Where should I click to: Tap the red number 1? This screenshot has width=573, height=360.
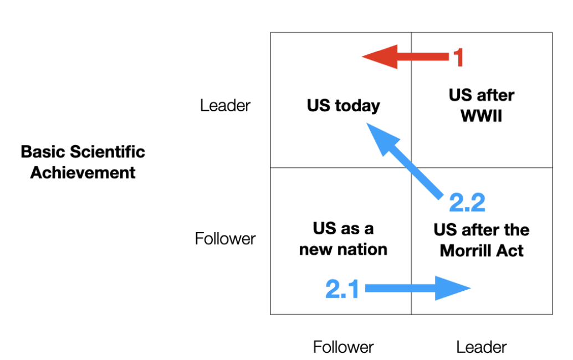458,58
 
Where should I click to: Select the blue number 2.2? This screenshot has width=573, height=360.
467,202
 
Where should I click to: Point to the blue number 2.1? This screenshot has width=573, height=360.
342,289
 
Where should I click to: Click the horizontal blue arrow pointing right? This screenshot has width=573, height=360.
418,288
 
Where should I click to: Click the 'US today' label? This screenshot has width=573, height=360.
343,105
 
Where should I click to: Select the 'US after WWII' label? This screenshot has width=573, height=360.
481,105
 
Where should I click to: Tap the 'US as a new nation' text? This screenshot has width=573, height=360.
343,239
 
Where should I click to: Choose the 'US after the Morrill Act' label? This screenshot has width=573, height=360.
481,240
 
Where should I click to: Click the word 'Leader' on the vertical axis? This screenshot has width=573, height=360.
225,105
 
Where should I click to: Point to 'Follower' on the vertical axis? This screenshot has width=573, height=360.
225,239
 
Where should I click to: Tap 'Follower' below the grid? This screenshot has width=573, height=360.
343,347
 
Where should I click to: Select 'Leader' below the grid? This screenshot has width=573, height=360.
481,347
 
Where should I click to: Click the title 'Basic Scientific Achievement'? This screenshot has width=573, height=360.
83,162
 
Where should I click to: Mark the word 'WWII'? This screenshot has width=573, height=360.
481,116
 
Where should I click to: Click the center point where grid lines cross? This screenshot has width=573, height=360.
411,167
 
